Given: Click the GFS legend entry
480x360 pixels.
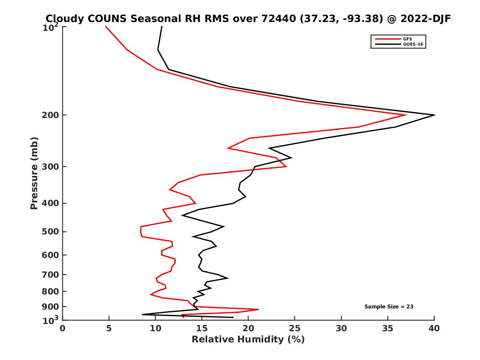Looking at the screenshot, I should click(x=408, y=39).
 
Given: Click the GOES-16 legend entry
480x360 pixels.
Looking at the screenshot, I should click(x=412, y=44).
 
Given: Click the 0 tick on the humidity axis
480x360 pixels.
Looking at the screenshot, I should click(x=63, y=329).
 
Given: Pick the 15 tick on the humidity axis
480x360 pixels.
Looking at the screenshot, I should click(x=202, y=329).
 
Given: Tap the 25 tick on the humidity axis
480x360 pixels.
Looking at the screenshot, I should click(x=295, y=329).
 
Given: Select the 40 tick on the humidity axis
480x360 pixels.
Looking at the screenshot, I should click(x=434, y=329).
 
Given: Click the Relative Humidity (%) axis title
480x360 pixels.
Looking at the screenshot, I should click(x=248, y=340).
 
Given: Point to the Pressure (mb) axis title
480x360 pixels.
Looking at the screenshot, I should click(x=34, y=173).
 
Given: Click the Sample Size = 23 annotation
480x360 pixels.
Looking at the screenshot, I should click(x=388, y=307).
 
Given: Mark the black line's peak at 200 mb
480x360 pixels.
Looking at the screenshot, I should click(x=434, y=115).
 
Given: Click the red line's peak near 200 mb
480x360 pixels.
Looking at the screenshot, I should click(x=406, y=115).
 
